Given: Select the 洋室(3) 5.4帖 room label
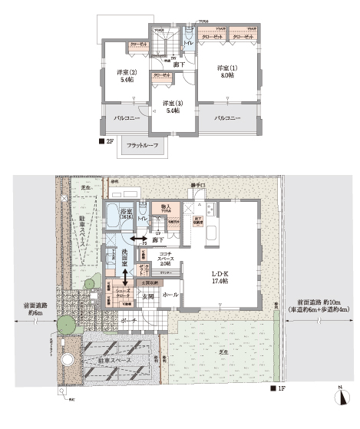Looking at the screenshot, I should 171,106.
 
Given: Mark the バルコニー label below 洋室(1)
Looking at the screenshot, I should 228,119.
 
